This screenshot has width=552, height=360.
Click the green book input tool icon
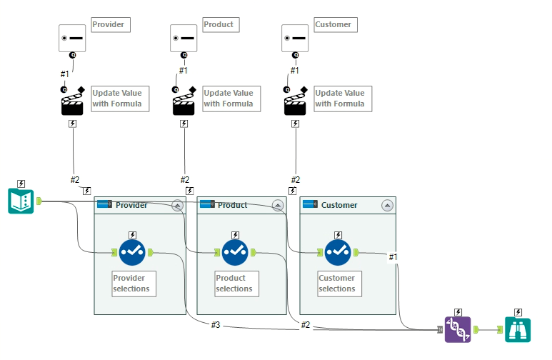point(21,201)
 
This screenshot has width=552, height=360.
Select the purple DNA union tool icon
point(457,329)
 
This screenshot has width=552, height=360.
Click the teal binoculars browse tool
point(518,329)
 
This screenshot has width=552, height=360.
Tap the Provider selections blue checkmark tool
point(132,252)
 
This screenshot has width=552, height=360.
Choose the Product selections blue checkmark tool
point(235,252)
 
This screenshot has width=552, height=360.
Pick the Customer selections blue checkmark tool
point(338,252)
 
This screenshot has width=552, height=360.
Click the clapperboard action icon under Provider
point(72,102)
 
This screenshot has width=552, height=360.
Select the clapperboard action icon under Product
point(184,102)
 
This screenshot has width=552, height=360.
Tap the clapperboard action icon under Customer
point(295,102)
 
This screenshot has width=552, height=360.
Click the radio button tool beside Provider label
point(72,38)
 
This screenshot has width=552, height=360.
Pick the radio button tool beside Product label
point(184,38)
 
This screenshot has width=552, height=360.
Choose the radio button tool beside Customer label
point(295,38)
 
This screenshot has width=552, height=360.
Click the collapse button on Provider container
point(177,205)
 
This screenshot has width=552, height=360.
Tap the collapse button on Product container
point(278,205)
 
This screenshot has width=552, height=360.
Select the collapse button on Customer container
point(387,205)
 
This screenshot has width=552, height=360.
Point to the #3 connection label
point(216,325)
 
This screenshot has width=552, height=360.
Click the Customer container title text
point(339,205)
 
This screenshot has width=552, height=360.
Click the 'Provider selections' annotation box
point(134,284)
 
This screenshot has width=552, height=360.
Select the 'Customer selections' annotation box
point(338,284)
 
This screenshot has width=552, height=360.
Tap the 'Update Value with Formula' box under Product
point(228,99)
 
